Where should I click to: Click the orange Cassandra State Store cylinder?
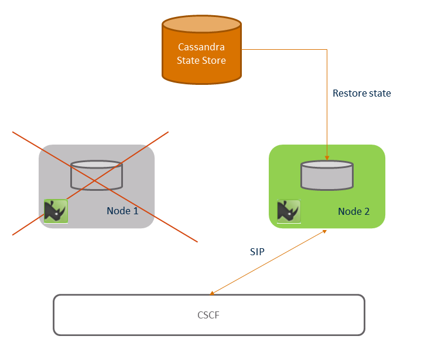pos(201,53)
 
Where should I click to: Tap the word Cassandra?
pos(201,47)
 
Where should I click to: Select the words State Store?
pos(201,60)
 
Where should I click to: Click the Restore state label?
pos(361,93)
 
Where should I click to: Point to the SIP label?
pos(257,252)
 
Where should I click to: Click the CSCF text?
pos(208,315)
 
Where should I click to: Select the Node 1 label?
pos(122,211)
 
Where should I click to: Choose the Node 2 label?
pos(354,211)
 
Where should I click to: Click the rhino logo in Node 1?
pos(56,211)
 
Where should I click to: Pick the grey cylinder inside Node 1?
pos(97,176)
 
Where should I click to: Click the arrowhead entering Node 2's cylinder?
pos(327,157)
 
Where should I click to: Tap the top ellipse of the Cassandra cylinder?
pos(201,25)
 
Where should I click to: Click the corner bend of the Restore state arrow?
pos(327,50)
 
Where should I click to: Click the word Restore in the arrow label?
pos(350,93)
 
